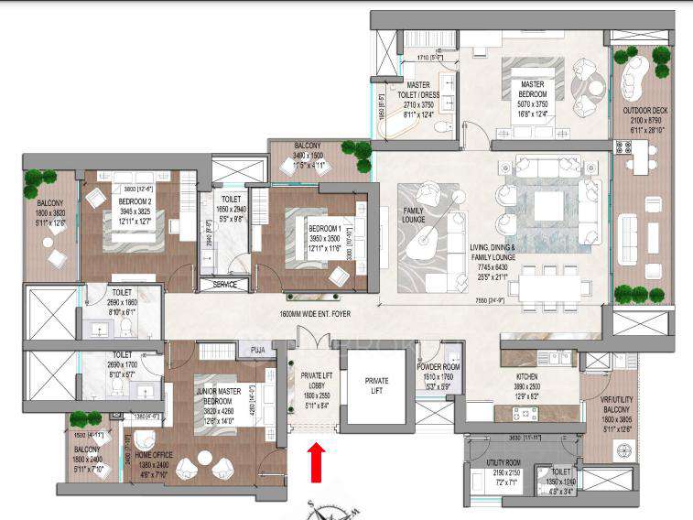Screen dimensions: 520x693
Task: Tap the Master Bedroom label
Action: point(532,90)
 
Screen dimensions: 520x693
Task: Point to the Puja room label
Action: point(255,349)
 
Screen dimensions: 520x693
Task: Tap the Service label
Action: point(224,285)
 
